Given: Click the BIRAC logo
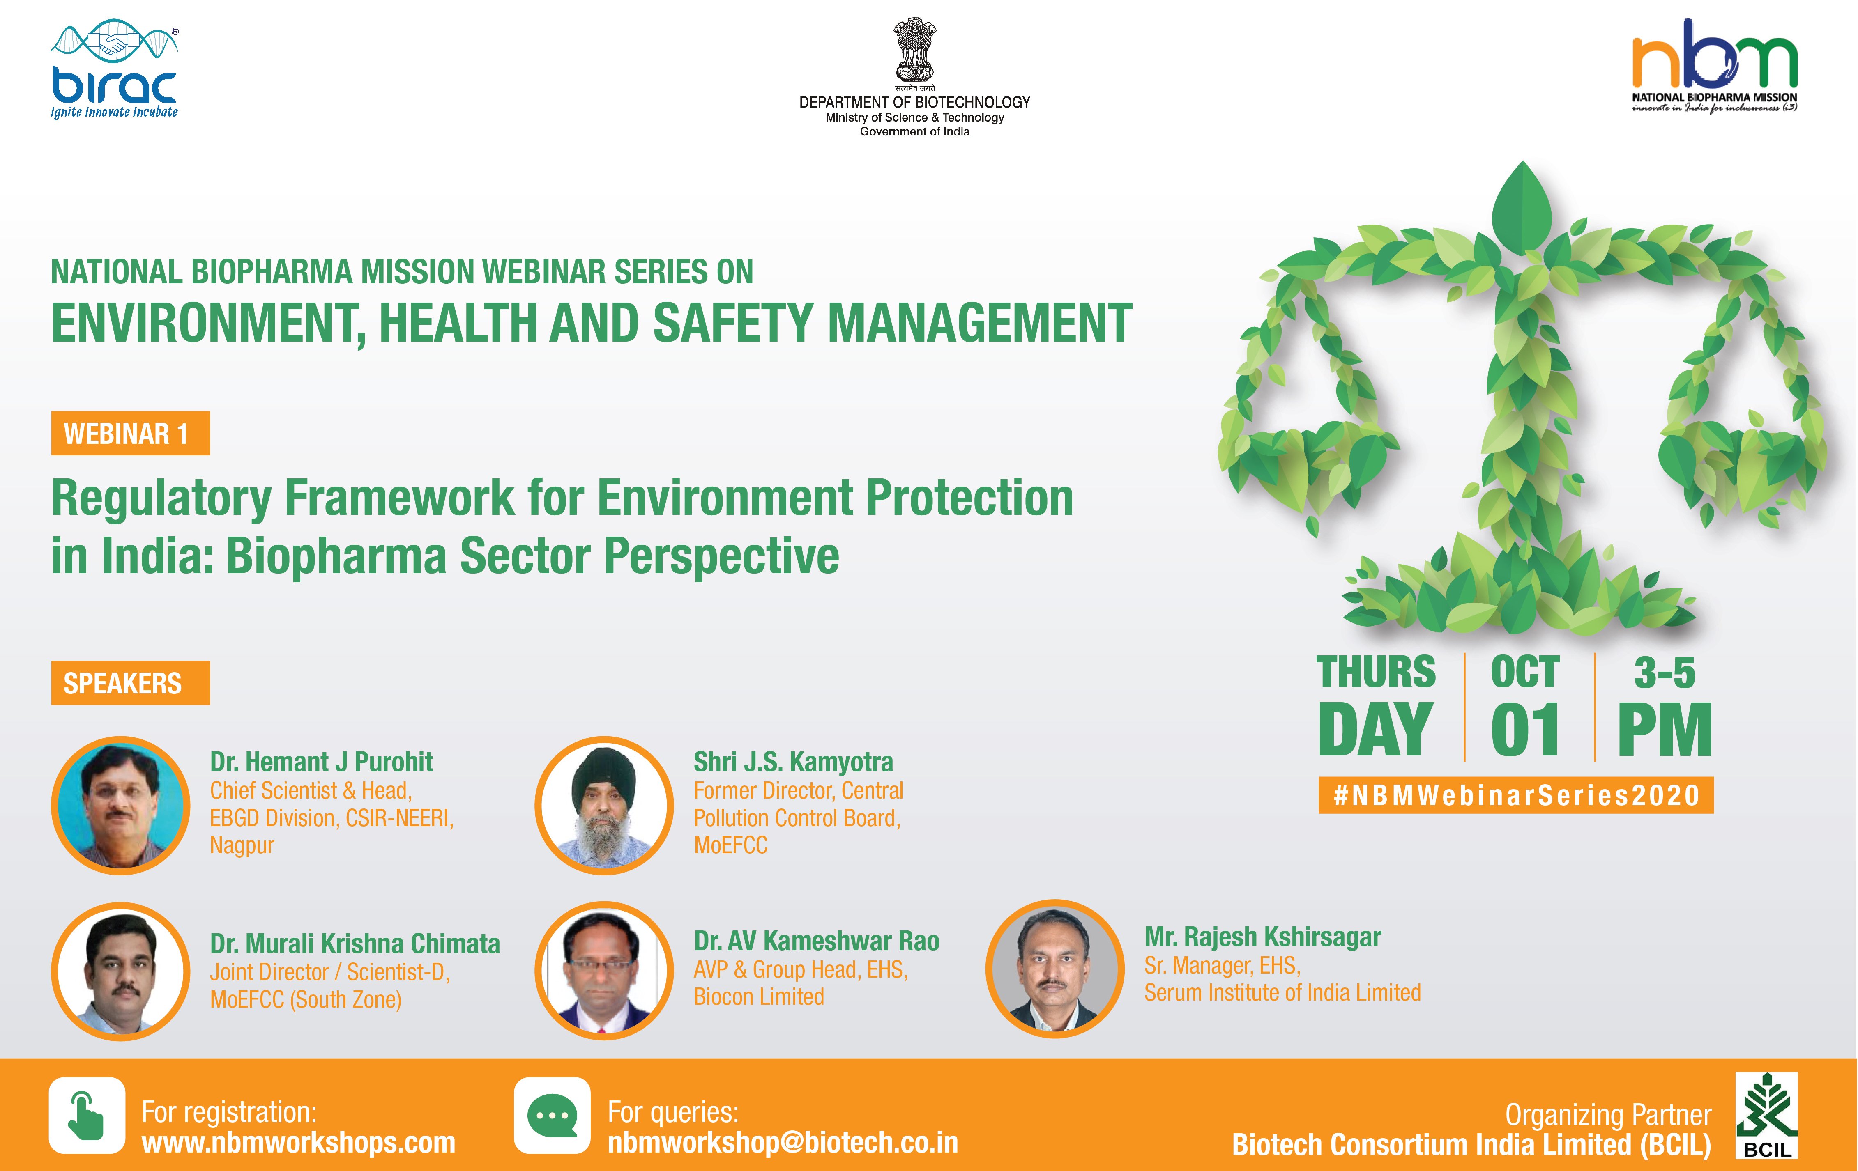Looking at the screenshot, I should click(x=114, y=71).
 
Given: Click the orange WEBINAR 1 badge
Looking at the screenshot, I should click(x=130, y=434).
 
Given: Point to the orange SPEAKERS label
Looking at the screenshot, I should click(x=130, y=683).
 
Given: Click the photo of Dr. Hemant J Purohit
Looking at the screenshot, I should click(x=120, y=805).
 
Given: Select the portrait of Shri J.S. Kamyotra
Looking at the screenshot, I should click(x=604, y=805).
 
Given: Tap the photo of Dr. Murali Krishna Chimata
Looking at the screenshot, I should click(x=120, y=971).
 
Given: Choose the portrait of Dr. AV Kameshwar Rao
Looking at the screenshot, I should click(x=604, y=971).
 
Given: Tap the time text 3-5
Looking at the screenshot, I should click(x=1665, y=673).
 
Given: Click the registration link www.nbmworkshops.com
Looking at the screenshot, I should click(x=299, y=1142).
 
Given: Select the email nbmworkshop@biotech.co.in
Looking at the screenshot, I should click(x=783, y=1142).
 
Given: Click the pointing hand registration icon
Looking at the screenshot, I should click(x=87, y=1116).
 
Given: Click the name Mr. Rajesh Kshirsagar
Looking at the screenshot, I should click(x=1262, y=937).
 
